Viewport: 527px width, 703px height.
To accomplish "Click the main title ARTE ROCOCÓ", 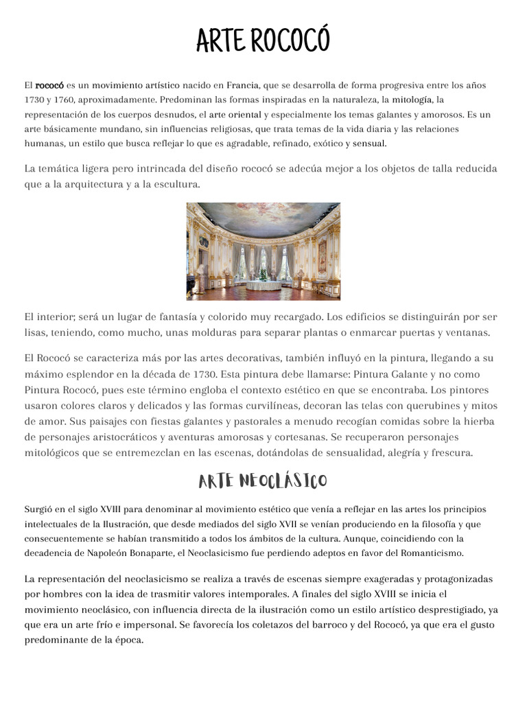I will [x=263, y=42].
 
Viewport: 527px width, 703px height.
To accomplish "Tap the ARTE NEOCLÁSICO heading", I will [x=263, y=481].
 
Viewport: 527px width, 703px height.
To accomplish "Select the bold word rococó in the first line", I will [x=49, y=86].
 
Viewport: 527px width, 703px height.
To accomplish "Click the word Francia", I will [x=243, y=86].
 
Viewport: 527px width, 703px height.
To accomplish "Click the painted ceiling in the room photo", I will [x=263, y=218].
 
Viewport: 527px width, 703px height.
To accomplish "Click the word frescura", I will [x=447, y=452].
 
